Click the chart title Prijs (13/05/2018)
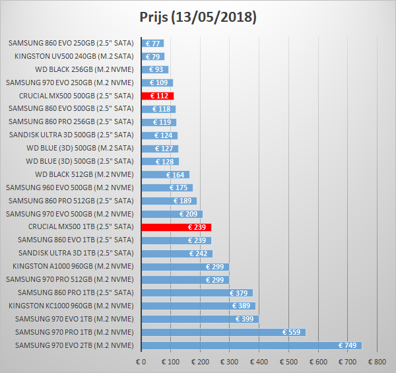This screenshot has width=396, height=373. (x=198, y=17)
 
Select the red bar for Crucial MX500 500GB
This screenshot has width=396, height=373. (x=157, y=96)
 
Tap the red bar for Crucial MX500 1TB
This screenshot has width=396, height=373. (x=176, y=227)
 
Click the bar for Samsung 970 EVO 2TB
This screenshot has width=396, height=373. (x=251, y=345)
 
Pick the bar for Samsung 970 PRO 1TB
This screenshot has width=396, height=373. (x=223, y=332)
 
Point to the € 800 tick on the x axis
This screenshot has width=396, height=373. (x=377, y=362)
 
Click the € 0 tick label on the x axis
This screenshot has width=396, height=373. (x=141, y=362)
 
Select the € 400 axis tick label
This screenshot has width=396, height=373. (x=259, y=362)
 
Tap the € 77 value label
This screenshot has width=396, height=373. (x=152, y=44)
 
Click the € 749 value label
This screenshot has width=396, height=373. (x=348, y=345)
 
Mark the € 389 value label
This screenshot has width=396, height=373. (x=242, y=306)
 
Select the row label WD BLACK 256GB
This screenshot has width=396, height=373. (x=84, y=69)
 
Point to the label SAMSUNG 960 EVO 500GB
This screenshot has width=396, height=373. (x=70, y=187)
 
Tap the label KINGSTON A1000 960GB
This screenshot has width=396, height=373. (x=73, y=266)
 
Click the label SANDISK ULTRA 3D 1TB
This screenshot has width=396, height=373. (x=76, y=253)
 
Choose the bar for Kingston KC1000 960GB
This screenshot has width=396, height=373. (x=198, y=306)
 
